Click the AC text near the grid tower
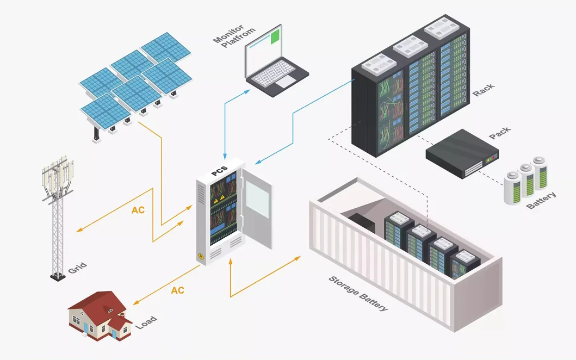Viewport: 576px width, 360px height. (x=138, y=210)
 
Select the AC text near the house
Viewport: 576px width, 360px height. (x=178, y=290)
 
